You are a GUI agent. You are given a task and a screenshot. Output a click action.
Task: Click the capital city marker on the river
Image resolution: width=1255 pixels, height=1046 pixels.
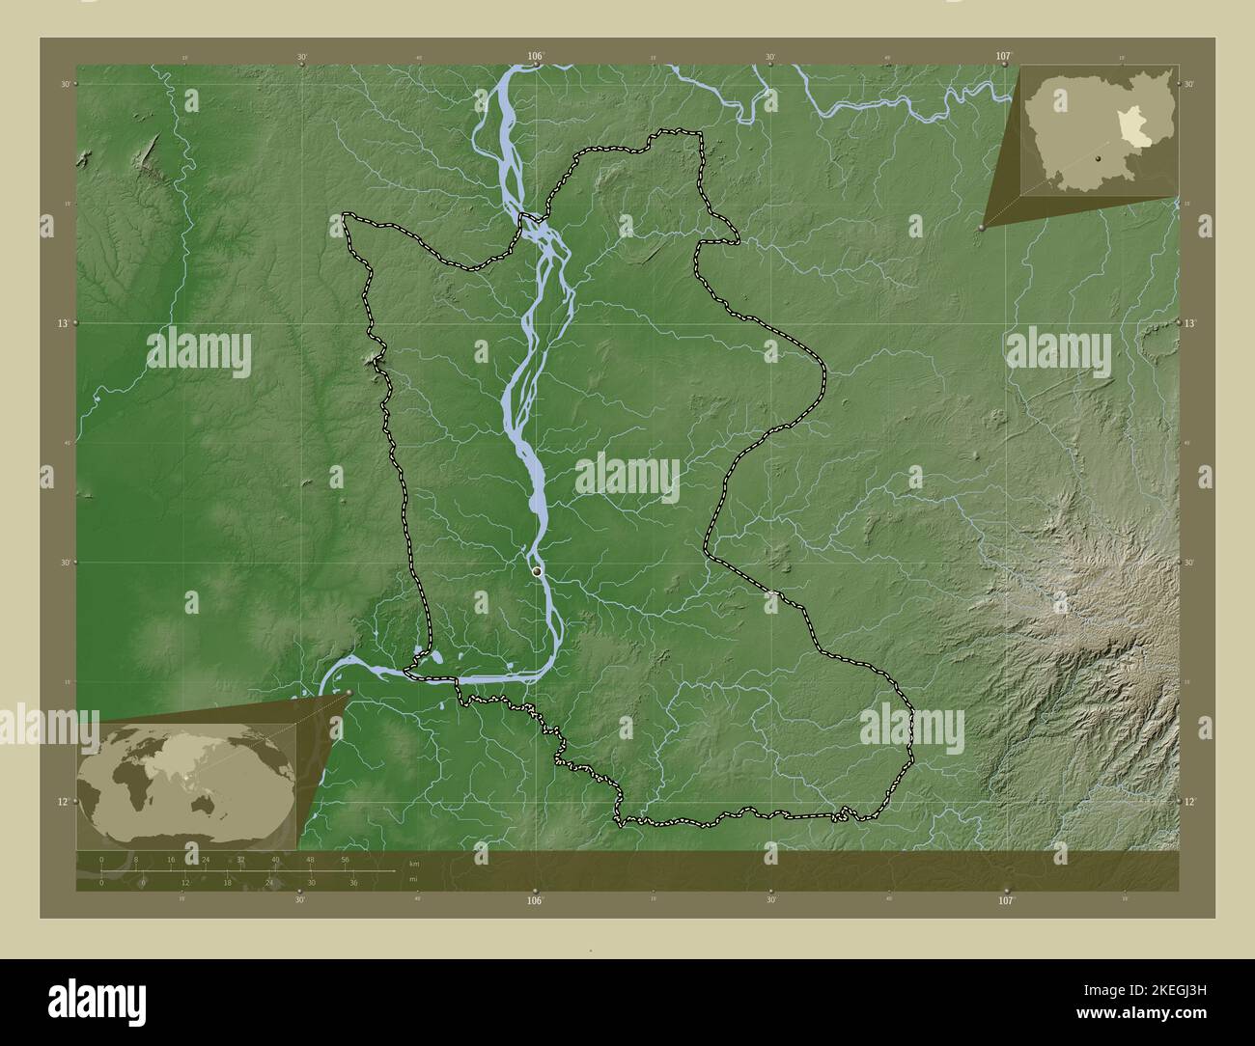pos(537,572)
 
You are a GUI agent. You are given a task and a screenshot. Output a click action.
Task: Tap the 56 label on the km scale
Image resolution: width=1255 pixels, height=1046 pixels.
pos(345,859)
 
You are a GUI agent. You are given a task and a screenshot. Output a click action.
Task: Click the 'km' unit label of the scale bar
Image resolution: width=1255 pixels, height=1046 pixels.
pos(414,863)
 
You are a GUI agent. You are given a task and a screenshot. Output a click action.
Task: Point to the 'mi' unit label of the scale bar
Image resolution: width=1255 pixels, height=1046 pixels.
pos(413,879)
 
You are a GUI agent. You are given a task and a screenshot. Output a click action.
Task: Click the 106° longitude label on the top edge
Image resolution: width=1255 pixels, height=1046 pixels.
pos(537,56)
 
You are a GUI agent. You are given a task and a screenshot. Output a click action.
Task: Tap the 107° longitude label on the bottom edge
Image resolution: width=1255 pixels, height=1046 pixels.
pos(1006,900)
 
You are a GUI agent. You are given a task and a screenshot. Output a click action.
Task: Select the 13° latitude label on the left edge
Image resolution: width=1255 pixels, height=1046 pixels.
pos(63,323)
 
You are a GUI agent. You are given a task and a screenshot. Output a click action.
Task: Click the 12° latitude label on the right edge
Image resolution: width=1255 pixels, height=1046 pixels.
pos(1189,801)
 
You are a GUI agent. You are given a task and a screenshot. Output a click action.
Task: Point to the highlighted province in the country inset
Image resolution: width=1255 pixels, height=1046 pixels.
pos(1130,126)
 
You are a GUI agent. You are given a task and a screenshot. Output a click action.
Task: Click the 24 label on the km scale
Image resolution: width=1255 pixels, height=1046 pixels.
pos(206,859)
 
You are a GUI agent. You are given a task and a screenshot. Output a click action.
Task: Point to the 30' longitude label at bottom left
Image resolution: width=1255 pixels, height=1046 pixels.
pos(301,900)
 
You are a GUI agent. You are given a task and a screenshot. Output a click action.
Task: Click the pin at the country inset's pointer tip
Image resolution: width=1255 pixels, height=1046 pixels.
pos(982,228)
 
